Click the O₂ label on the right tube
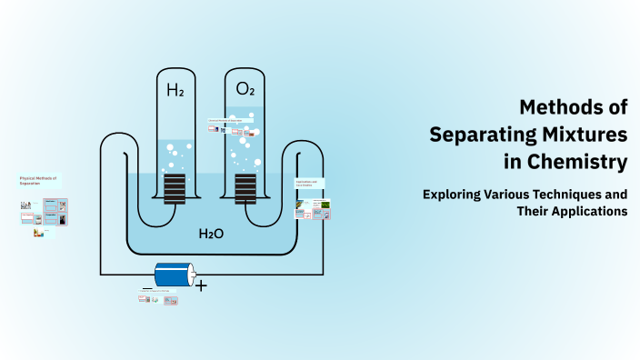click(245, 89)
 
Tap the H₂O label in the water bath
click(211, 234)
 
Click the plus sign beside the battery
click(201, 285)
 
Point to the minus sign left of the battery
click(146, 287)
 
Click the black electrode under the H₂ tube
click(174, 189)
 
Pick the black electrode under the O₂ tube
click(245, 189)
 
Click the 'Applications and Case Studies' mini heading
click(306, 184)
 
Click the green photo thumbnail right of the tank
click(320, 205)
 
